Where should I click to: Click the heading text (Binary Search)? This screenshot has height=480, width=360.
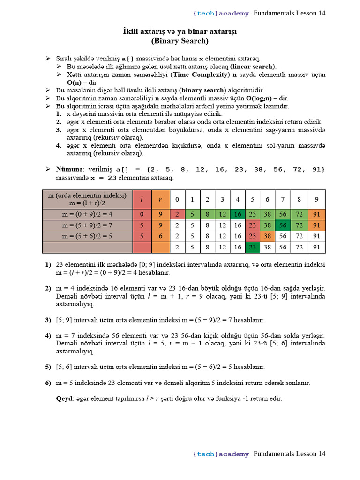[180, 41]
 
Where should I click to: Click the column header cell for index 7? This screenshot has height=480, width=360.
[282, 199]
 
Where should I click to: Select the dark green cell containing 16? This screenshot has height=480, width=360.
[238, 214]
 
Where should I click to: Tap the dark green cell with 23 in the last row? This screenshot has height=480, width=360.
[253, 247]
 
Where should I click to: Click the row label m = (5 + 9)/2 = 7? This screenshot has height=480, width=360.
[88, 225]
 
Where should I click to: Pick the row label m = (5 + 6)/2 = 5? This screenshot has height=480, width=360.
[88, 236]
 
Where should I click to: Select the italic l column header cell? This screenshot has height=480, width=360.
[142, 199]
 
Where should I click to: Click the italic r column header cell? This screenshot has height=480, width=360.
[160, 199]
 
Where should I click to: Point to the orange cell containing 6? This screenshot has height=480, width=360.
[160, 236]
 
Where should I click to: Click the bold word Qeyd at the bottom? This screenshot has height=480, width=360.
[65, 398]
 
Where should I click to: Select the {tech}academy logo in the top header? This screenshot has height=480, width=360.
[221, 13]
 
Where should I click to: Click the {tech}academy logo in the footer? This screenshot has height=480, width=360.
[221, 454]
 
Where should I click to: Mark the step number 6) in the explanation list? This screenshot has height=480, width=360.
[48, 383]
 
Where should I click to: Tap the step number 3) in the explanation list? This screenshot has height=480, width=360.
[48, 320]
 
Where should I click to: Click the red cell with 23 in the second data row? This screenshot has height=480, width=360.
[253, 225]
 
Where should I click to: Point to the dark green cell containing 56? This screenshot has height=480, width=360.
[282, 225]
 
